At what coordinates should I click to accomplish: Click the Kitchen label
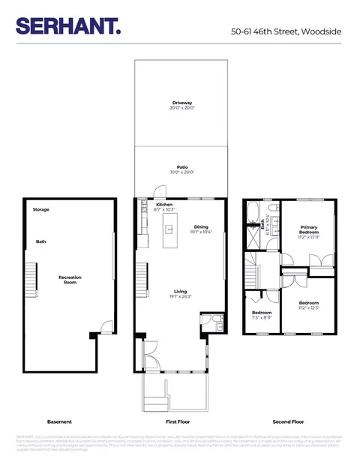[164, 205]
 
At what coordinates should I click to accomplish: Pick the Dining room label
[201, 226]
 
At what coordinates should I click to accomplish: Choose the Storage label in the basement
[40, 209]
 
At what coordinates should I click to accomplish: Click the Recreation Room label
[70, 280]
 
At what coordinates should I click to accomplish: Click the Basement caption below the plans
[58, 421]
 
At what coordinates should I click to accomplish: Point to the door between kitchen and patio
[157, 193]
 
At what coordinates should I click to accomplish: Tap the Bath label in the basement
[41, 241]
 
